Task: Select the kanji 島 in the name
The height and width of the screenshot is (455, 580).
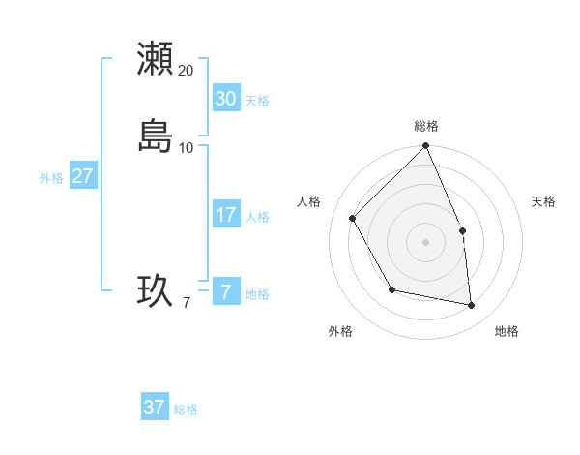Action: point(156,136)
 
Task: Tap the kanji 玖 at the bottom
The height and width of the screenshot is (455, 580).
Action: point(156,290)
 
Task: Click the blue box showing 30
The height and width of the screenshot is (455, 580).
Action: point(225,99)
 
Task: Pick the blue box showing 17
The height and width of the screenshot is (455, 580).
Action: point(225,215)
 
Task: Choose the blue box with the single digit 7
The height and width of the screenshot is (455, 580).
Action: point(225,291)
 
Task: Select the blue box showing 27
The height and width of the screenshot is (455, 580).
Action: point(82,176)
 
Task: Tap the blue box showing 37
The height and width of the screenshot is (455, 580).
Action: point(154,408)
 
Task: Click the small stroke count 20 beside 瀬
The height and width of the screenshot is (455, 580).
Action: point(186,71)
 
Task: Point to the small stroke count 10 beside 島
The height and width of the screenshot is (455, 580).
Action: point(186,148)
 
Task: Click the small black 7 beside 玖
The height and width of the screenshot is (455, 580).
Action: point(186,303)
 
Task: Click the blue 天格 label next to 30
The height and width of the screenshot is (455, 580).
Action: point(257,101)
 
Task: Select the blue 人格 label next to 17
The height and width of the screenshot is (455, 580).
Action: point(257,217)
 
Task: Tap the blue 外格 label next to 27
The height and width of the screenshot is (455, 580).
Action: point(51,178)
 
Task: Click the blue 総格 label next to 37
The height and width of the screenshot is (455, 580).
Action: point(186,409)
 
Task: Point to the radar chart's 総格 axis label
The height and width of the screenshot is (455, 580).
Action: point(426,126)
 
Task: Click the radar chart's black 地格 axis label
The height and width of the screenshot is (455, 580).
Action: point(507,331)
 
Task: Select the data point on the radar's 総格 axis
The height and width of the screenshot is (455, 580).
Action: point(426,147)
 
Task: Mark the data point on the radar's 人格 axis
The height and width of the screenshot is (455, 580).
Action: point(353,218)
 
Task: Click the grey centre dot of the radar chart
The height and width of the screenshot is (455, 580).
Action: point(426,241)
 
